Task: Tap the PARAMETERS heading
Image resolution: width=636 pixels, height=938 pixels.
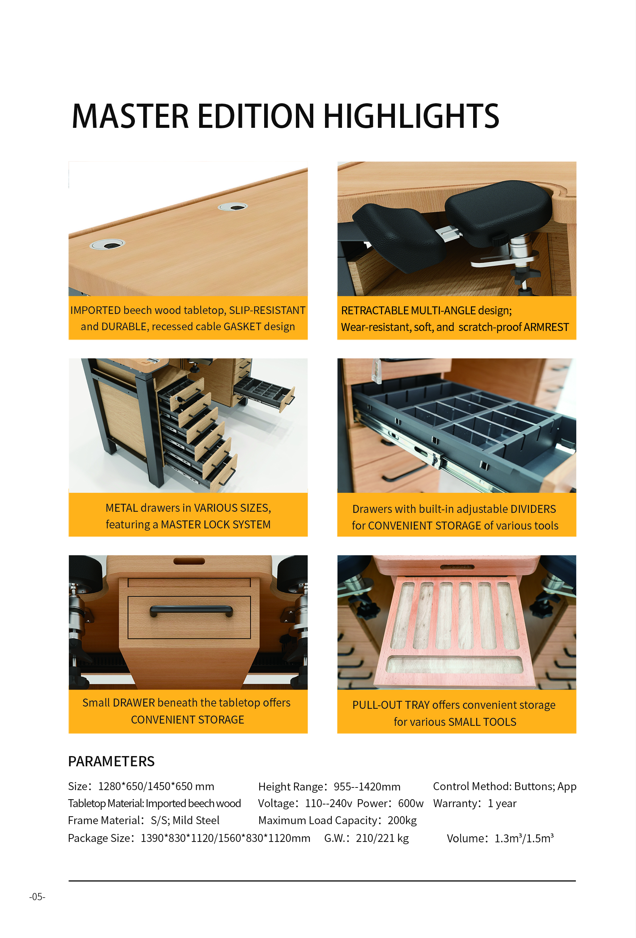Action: pos(111,761)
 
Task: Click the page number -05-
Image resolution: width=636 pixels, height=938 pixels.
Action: pos(37,897)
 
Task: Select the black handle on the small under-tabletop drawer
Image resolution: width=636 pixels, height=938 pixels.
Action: pos(191,611)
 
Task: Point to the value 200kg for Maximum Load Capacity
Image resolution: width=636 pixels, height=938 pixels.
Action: pos(402,820)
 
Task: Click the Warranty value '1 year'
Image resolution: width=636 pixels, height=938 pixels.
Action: pos(502,804)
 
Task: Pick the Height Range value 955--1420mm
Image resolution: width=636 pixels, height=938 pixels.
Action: pos(367,787)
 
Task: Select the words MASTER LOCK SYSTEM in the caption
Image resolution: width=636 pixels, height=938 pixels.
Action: pos(216,525)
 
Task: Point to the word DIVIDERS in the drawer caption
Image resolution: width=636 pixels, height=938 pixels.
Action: pos(533,509)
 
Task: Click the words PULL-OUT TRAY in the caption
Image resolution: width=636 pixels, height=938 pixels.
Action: pos(391,705)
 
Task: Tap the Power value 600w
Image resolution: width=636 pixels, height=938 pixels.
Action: pos(410,804)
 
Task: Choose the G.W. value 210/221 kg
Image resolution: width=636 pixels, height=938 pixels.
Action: pos(382,838)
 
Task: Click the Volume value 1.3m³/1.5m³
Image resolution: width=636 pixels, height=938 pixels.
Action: pos(524,838)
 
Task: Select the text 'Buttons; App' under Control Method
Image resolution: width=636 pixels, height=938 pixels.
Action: pos(545,787)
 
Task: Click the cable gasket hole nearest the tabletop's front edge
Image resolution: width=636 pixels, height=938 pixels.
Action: pos(107,244)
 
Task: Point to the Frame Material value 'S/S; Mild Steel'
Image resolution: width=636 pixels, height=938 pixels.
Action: pos(185,820)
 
